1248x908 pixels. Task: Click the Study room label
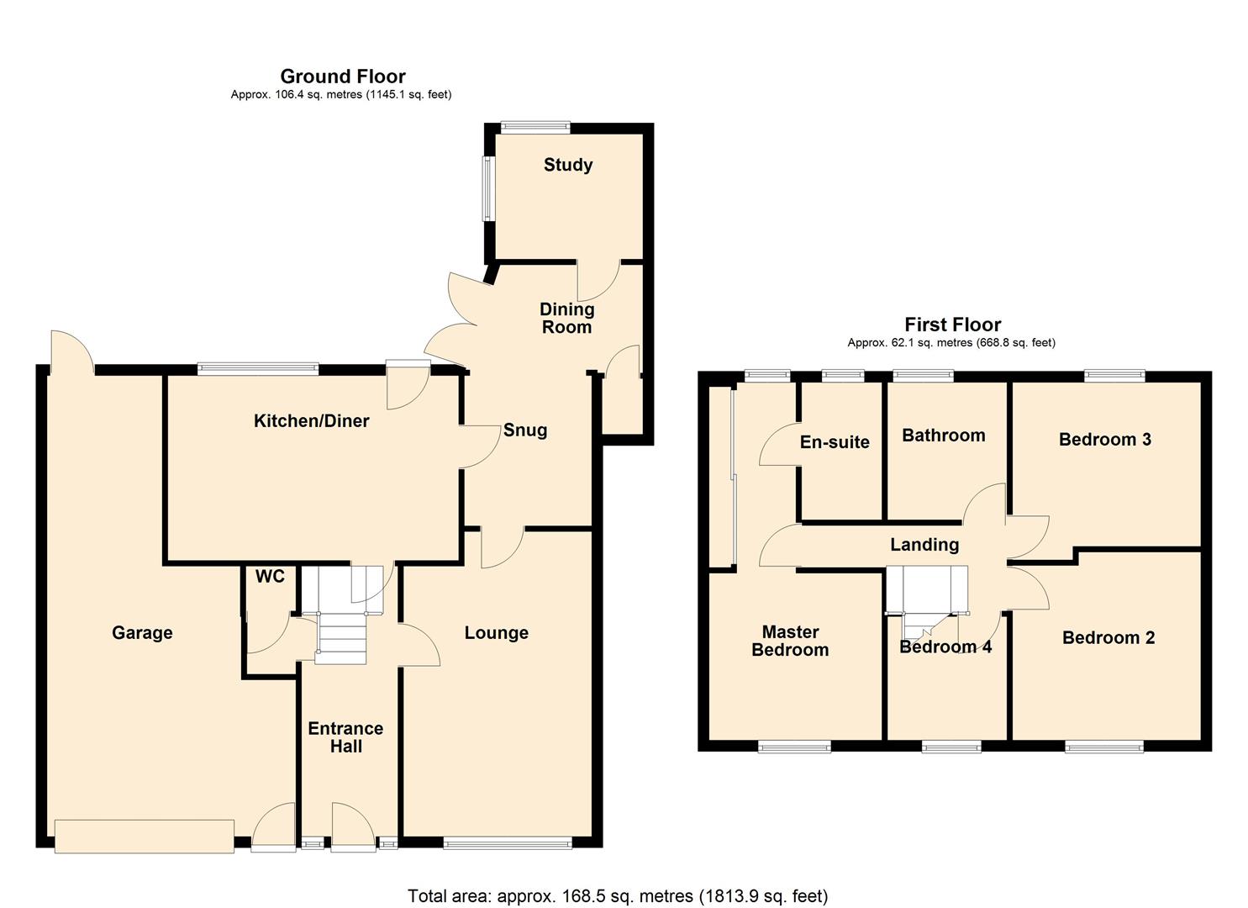pos(567,165)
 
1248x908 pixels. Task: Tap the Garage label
pos(142,633)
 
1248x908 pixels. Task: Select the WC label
pos(270,577)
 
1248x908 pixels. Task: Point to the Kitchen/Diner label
pos(311,421)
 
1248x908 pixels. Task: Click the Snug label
pos(524,430)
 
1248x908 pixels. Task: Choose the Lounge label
pos(496,633)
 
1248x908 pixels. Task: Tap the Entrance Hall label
pos(345,737)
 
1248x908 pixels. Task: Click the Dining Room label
pos(566,319)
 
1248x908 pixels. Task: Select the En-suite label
pos(834,442)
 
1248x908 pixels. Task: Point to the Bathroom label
pos(943,436)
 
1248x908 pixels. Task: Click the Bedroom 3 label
pos(1104,440)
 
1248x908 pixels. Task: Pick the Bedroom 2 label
pos(1108,638)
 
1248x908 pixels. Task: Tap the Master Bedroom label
pos(790,641)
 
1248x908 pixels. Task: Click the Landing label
pos(924,545)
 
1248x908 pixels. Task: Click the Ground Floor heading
pos(342,77)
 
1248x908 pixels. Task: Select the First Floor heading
pos(952,325)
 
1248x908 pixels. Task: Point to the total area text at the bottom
pos(618,896)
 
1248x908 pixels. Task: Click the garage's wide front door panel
pos(144,836)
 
